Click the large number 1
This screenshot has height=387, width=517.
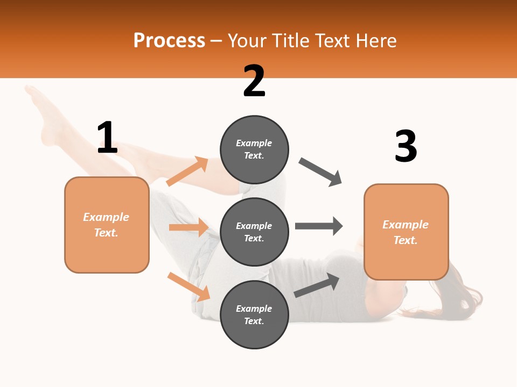tap(107, 138)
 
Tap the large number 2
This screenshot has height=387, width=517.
tap(254, 81)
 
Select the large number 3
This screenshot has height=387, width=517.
tap(406, 147)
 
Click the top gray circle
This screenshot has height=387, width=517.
tap(254, 149)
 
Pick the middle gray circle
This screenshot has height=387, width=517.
tap(254, 232)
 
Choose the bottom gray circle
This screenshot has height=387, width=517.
tap(254, 314)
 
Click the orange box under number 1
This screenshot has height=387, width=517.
tap(107, 225)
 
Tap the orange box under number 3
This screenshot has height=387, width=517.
tap(406, 232)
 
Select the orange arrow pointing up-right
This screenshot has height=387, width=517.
tap(187, 171)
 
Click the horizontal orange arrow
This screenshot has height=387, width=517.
tap(188, 227)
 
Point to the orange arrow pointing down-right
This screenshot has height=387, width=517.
tap(188, 286)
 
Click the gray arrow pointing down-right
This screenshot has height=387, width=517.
tap(320, 172)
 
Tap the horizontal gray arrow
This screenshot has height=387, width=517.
tap(319, 226)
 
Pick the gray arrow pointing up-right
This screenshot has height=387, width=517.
tap(317, 285)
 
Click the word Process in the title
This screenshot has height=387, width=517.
tap(169, 40)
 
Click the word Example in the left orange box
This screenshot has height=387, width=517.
tap(106, 217)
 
